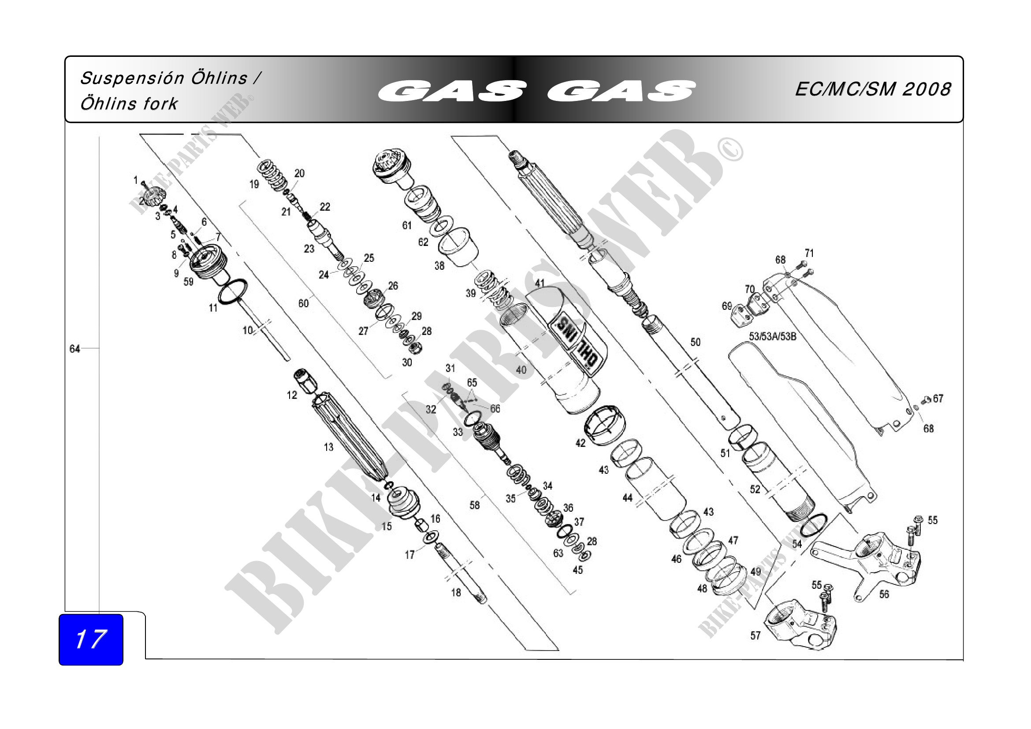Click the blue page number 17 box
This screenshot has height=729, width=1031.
tap(91, 639)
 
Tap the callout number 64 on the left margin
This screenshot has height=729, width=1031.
tap(74, 349)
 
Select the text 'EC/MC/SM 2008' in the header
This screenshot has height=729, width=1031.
tap(872, 89)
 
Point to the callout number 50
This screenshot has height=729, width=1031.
tap(695, 342)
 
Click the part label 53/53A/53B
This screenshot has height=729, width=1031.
tap(772, 336)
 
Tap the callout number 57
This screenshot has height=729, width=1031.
tap(756, 636)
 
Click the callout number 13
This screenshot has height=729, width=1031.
tap(329, 447)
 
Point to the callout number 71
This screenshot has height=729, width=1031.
tap(809, 253)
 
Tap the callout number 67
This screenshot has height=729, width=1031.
tap(938, 398)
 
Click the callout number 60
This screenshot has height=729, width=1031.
tap(304, 303)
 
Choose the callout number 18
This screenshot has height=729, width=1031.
tap(456, 592)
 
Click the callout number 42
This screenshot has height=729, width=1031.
tap(580, 443)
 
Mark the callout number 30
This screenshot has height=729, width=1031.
tap(407, 362)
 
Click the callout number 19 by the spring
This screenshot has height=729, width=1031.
tap(254, 184)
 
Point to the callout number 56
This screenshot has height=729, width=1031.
tap(884, 594)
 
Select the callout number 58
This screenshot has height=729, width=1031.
tap(475, 505)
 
